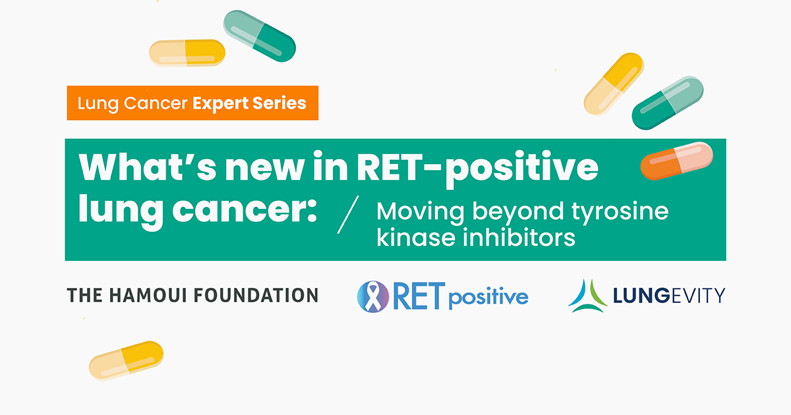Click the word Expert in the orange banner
(x=220, y=104)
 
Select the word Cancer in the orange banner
(x=156, y=103)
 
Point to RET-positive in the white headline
(x=477, y=169)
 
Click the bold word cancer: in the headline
(x=245, y=209)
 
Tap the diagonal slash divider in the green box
(x=348, y=215)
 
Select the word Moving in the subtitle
(x=421, y=211)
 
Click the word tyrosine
(x=620, y=212)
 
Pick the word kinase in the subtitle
(x=416, y=237)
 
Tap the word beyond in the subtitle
(x=517, y=212)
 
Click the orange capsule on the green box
(x=676, y=161)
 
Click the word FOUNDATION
(x=256, y=295)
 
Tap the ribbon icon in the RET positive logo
(x=373, y=297)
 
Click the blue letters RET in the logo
(x=419, y=296)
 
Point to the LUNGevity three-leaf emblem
(x=587, y=296)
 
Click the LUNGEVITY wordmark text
(x=669, y=295)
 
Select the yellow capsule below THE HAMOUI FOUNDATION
(x=126, y=360)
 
